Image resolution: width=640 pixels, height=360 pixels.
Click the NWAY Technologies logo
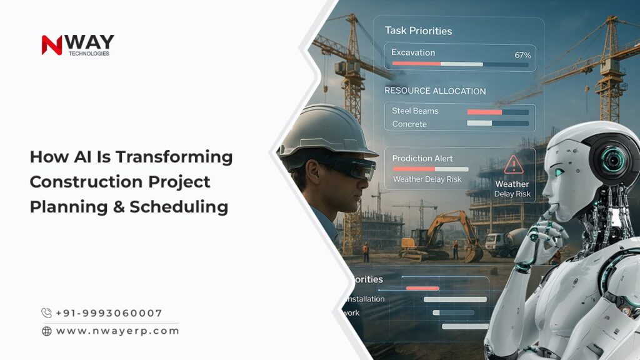click(77, 45)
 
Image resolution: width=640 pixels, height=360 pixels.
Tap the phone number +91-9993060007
click(109, 313)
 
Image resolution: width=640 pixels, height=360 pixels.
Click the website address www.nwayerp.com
click(117, 331)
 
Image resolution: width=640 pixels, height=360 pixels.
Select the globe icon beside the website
click(47, 331)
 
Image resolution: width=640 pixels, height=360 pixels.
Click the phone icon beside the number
click(47, 313)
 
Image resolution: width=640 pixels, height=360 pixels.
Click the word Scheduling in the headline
click(179, 207)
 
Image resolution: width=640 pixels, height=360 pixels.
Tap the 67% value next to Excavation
click(522, 55)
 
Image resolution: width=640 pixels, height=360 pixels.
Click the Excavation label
click(413, 52)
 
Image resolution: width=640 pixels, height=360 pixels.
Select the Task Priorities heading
click(418, 31)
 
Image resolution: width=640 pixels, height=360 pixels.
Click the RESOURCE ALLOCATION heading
click(435, 91)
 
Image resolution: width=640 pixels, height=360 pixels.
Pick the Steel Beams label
click(415, 111)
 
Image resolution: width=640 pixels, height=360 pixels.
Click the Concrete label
click(409, 124)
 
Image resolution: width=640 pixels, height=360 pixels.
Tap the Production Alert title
click(422, 158)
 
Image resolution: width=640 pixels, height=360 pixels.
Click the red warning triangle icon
click(513, 164)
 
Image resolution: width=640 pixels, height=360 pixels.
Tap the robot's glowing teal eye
click(559, 172)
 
